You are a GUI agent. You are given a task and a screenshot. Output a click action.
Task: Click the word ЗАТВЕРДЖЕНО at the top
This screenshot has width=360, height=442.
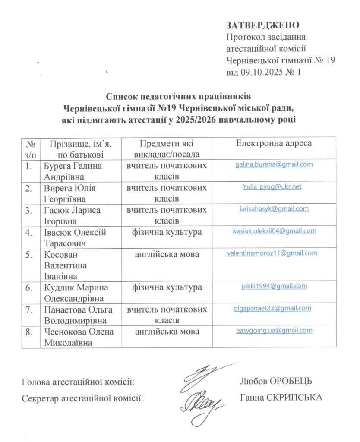(x=262, y=25)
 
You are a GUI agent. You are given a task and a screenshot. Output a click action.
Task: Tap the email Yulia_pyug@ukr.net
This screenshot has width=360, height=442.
(x=272, y=186)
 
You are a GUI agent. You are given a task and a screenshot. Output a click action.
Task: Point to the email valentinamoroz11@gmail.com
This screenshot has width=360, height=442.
(x=272, y=253)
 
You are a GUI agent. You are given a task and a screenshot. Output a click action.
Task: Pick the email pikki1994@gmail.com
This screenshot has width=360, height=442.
(x=275, y=286)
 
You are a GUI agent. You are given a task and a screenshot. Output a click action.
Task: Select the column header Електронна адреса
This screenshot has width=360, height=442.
(x=274, y=143)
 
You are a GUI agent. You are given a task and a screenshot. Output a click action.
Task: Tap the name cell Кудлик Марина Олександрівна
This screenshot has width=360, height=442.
(x=75, y=292)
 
